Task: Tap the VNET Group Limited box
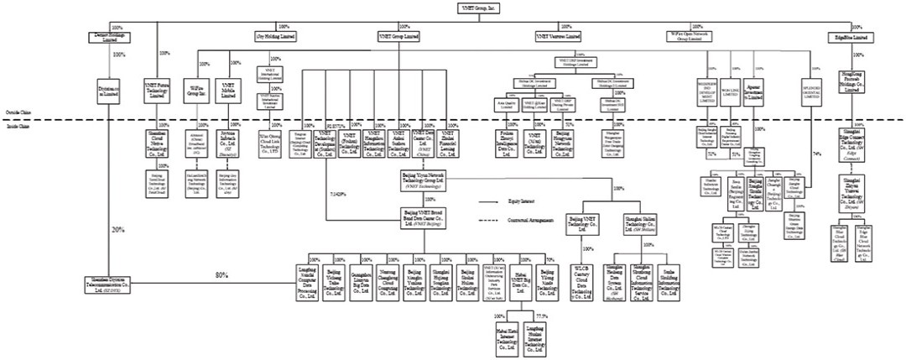click(400, 37)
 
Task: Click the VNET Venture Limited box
click(558, 37)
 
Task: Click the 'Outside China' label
click(14, 112)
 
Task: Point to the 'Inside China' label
click(13, 125)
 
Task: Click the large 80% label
click(221, 275)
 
